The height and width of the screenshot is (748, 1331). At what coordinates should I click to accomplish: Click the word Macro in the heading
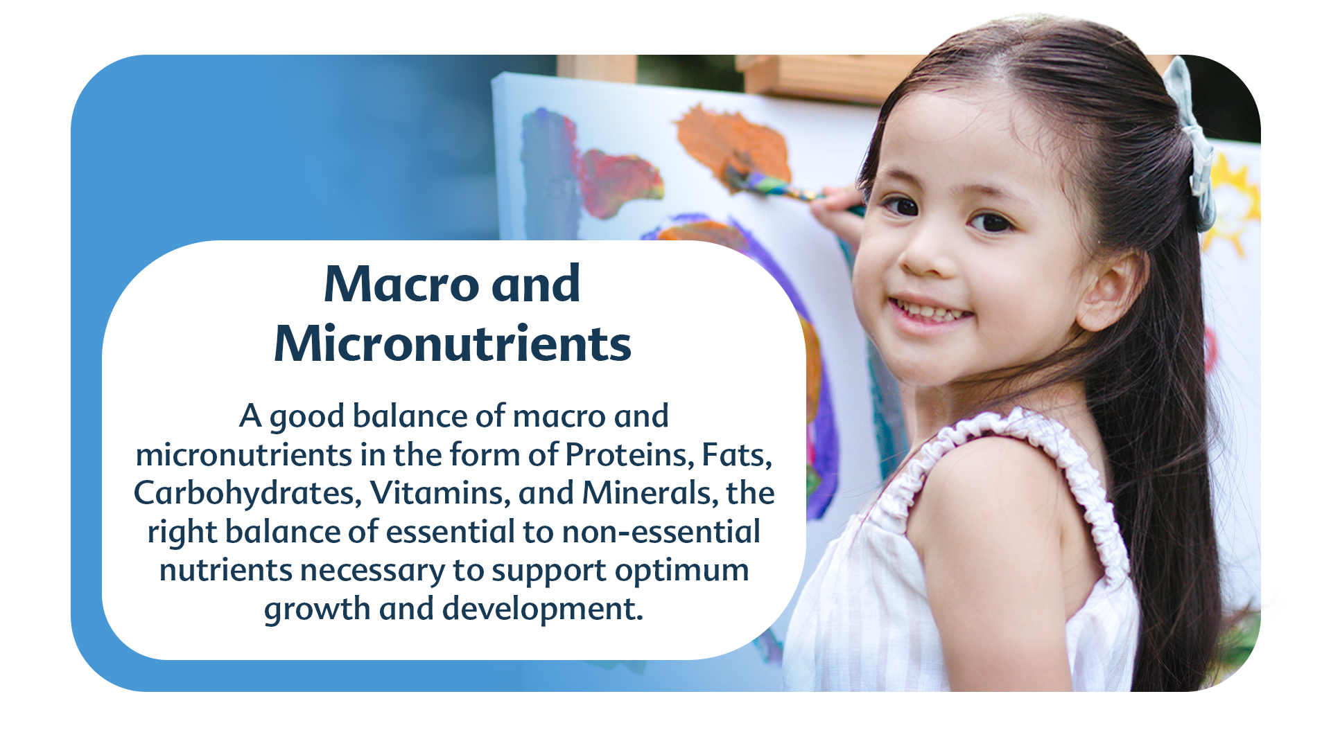401,284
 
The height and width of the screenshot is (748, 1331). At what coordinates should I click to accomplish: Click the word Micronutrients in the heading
453,344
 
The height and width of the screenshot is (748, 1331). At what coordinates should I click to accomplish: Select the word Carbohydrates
247,493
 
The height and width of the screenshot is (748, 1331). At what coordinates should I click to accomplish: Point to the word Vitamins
440,493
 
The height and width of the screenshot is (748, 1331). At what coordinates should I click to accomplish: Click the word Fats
737,455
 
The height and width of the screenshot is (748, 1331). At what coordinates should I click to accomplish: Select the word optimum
681,571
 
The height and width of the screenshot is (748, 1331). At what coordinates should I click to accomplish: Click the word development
543,609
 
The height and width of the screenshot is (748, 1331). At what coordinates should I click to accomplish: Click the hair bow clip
1192,139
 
